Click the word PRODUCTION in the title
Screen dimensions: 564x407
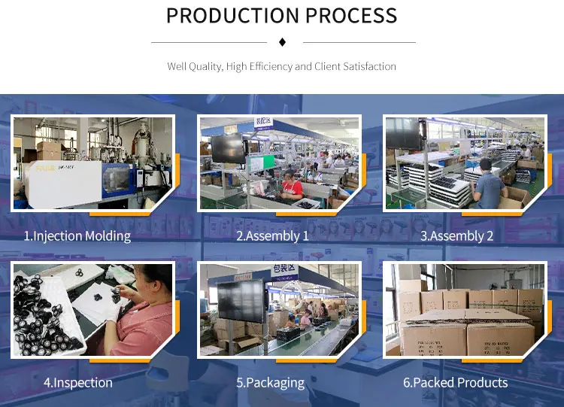point(229,15)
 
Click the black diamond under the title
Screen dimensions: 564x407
point(282,41)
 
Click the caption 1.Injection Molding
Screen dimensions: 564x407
point(77,236)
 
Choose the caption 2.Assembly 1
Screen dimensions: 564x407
point(272,236)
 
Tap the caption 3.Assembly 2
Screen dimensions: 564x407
point(456,236)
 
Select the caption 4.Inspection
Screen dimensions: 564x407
point(77,382)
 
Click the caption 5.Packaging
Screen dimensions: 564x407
point(271,382)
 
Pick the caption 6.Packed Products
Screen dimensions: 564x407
point(455,382)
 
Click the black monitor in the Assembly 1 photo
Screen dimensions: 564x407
point(226,149)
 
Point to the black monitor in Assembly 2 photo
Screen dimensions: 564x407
point(402,133)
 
